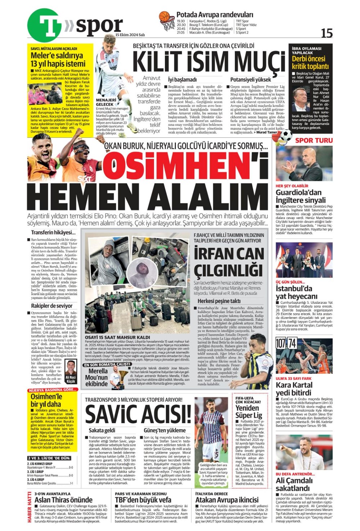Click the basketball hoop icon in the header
(166, 21)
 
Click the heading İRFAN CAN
(229, 253)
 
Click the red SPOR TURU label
(314, 140)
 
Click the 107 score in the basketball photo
(280, 343)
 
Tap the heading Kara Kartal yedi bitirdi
(294, 389)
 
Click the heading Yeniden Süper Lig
(247, 411)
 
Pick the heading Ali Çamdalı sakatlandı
(294, 484)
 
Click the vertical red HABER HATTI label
(30, 508)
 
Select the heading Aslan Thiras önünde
(63, 500)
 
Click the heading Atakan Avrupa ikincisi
(227, 500)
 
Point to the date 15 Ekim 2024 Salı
(130, 35)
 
